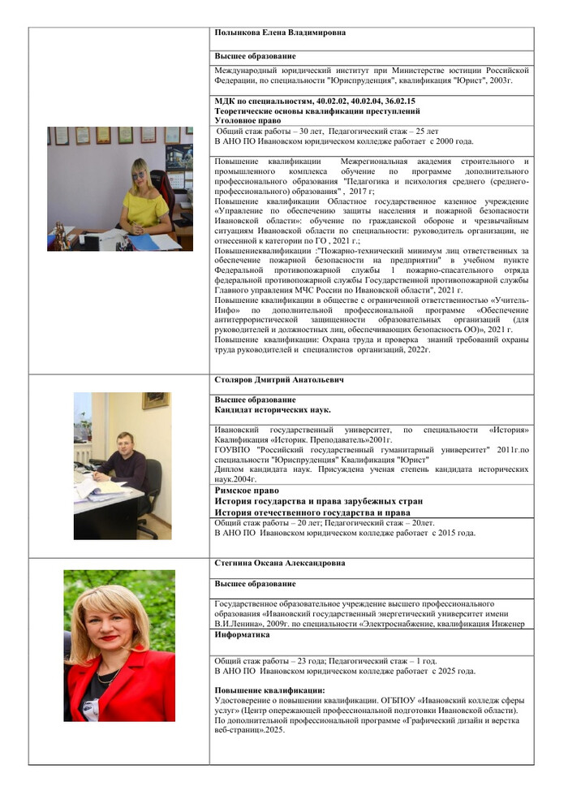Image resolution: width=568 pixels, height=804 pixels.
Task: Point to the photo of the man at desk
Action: click(123, 465)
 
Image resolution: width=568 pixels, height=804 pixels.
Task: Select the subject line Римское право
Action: click(247, 491)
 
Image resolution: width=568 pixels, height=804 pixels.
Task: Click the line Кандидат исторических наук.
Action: click(273, 410)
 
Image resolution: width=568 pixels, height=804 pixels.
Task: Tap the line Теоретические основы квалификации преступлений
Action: click(317, 110)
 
